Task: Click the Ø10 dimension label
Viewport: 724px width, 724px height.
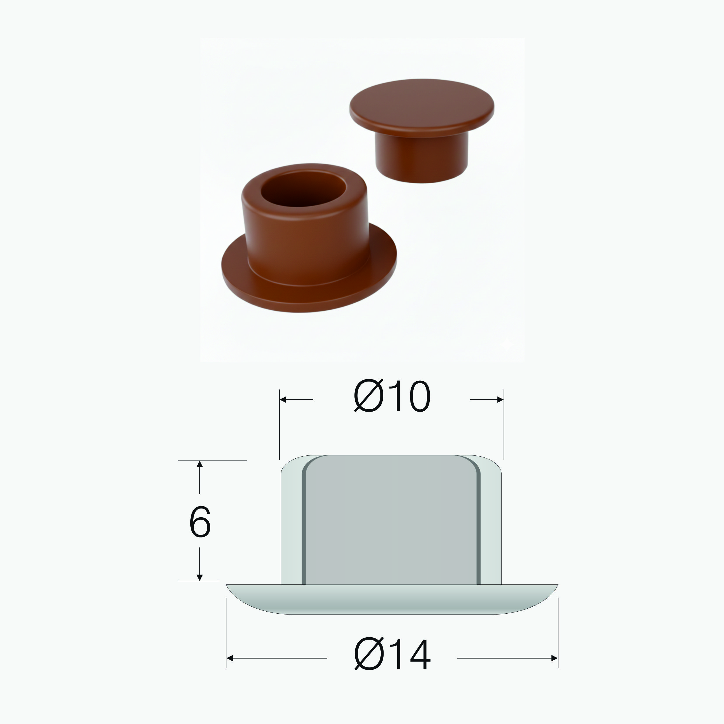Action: (392, 396)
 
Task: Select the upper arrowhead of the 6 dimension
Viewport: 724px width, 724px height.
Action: (200, 464)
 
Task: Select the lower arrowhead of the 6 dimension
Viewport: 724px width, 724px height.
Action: (200, 577)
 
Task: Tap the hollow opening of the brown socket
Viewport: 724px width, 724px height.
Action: (303, 189)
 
